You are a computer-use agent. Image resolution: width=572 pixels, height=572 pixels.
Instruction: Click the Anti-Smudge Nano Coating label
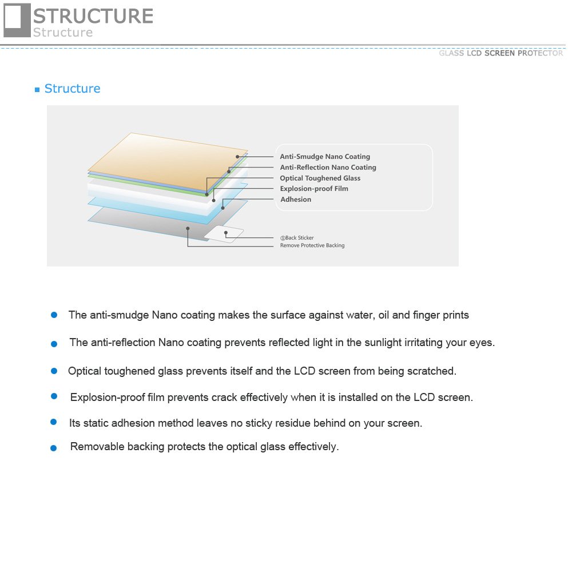pos(324,157)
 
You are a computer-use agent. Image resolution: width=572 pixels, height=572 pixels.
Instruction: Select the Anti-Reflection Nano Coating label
pos(328,168)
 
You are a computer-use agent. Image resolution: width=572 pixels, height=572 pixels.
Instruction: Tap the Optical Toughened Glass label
pos(320,178)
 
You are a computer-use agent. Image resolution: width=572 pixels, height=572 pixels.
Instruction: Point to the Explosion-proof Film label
pos(313,189)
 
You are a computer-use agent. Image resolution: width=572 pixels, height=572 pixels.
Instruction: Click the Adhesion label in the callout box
pos(296,200)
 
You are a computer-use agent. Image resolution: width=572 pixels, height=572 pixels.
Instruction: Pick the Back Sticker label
pos(297,238)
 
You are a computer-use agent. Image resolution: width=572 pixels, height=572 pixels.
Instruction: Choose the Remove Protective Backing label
pos(312,246)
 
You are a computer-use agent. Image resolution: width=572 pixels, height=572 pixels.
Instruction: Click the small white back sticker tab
pos(224,233)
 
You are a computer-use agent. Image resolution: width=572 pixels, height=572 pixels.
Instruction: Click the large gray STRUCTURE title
pos(93,15)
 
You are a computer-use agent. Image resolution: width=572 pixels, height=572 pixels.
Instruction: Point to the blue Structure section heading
pos(72,89)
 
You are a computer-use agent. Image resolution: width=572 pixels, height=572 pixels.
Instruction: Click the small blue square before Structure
pos(37,90)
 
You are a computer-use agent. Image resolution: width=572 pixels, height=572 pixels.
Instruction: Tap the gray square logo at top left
pos(17,20)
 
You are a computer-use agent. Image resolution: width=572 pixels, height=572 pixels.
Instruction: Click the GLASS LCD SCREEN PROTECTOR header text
pos(500,53)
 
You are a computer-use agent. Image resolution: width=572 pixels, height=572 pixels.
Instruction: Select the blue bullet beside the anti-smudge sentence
pos(54,315)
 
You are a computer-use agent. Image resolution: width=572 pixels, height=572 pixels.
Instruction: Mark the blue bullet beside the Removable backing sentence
pos(54,448)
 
